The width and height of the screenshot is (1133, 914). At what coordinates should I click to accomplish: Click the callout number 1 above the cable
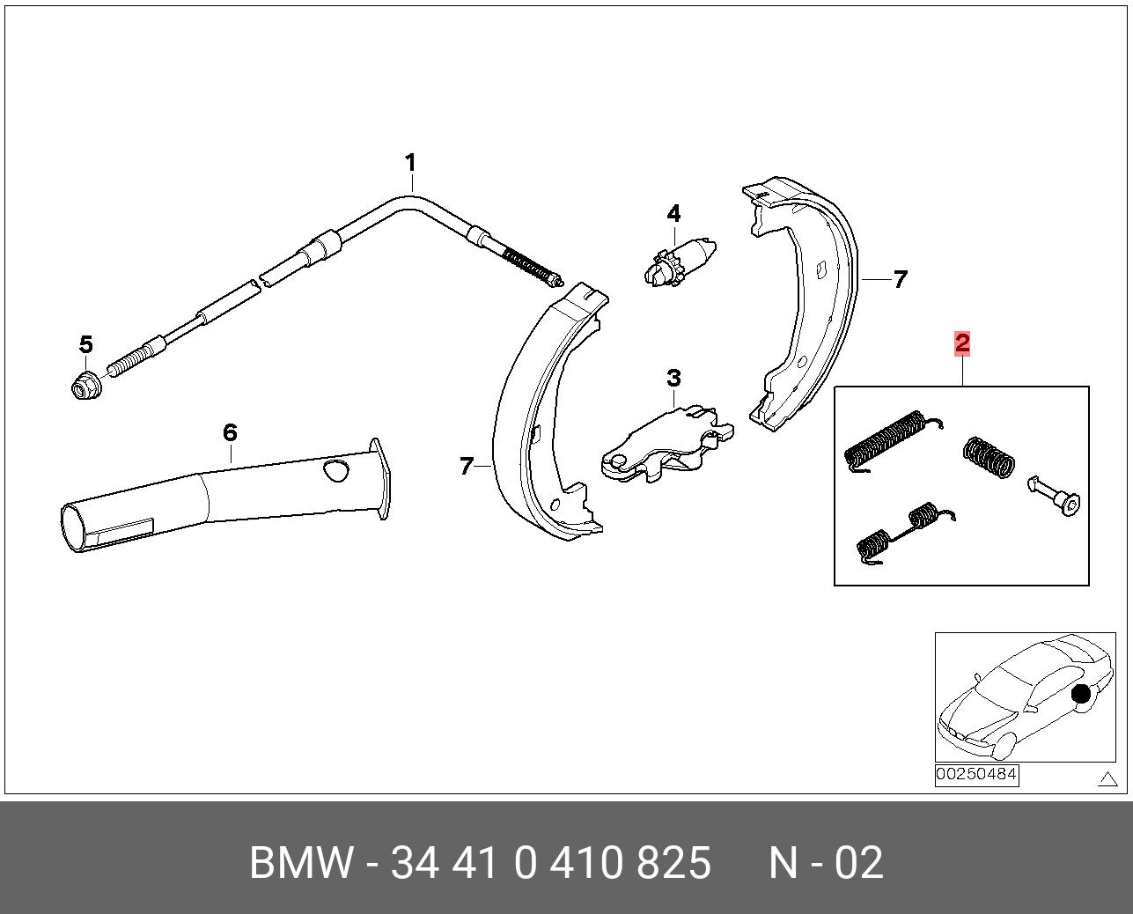(x=409, y=163)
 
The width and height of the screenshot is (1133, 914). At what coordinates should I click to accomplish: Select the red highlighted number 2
(x=962, y=343)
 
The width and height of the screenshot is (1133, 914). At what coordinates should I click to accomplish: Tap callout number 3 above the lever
(x=673, y=379)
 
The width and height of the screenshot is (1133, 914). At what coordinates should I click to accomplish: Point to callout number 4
(x=673, y=213)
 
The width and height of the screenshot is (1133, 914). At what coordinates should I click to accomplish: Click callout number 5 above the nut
(x=85, y=343)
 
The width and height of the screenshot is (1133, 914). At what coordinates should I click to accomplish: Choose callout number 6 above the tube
(x=230, y=432)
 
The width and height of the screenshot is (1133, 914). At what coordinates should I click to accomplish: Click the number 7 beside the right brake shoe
(x=900, y=279)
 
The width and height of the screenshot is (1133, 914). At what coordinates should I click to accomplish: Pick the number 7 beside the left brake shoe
(x=467, y=466)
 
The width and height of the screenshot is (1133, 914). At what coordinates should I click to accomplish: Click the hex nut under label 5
(x=86, y=384)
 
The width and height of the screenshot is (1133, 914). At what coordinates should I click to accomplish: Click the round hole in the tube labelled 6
(x=334, y=470)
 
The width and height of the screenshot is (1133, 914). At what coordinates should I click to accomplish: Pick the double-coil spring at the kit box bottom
(x=898, y=532)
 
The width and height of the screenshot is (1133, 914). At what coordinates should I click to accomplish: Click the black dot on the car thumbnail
(x=1080, y=694)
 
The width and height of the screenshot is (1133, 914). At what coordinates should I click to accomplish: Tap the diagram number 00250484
(x=976, y=775)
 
